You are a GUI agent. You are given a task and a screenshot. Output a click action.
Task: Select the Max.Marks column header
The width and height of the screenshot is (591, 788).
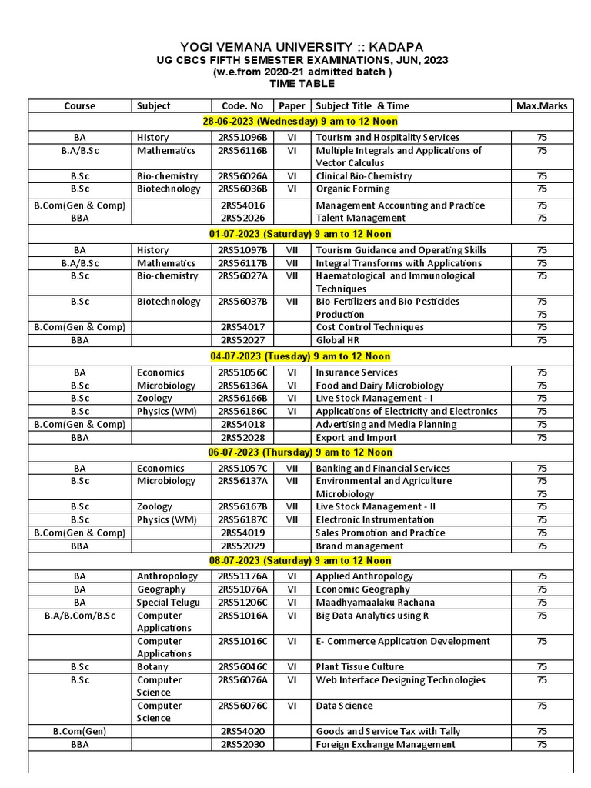coord(542,105)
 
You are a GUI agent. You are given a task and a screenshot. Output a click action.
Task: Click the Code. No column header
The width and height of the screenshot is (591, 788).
coord(242,105)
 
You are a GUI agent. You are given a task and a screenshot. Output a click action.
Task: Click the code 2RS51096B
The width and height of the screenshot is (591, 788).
coord(242,138)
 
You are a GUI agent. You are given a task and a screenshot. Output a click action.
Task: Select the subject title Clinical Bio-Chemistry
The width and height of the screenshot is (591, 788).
coord(364,176)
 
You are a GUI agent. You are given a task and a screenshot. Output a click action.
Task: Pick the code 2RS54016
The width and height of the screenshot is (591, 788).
coord(242,205)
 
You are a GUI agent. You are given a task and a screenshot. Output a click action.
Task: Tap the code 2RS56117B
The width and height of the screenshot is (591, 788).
coord(242,263)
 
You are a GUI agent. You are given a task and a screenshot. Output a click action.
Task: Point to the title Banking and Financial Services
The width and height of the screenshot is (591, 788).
coord(382,468)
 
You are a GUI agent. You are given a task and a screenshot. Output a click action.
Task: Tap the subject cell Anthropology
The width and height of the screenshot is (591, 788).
coord(168,576)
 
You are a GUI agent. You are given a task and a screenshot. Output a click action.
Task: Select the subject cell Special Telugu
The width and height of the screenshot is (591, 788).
coord(169,602)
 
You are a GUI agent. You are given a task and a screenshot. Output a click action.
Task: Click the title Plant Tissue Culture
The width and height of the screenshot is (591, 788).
coord(359,666)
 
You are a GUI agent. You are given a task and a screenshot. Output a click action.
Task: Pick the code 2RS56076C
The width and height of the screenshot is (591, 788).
coord(242,706)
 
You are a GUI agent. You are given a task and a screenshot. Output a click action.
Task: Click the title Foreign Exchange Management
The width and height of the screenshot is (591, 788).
coord(386,744)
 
